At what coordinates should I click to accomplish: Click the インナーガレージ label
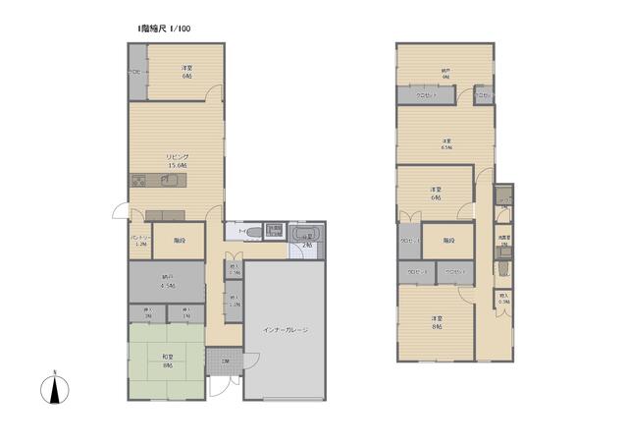coord(285,330)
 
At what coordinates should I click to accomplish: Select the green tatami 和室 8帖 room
coord(168,361)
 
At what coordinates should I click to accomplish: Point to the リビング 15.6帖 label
coord(177,161)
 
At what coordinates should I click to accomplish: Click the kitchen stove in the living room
coord(137,180)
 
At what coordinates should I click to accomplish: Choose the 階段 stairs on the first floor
coord(179,240)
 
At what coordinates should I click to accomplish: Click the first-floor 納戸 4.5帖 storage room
coord(166,282)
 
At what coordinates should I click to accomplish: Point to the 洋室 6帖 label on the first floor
coord(185,71)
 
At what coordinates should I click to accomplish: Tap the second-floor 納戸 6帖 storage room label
coord(445,73)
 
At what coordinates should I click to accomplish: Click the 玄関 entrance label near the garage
coord(226,362)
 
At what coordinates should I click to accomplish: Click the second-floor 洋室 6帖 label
coord(435,193)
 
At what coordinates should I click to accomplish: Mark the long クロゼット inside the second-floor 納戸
coord(425,95)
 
